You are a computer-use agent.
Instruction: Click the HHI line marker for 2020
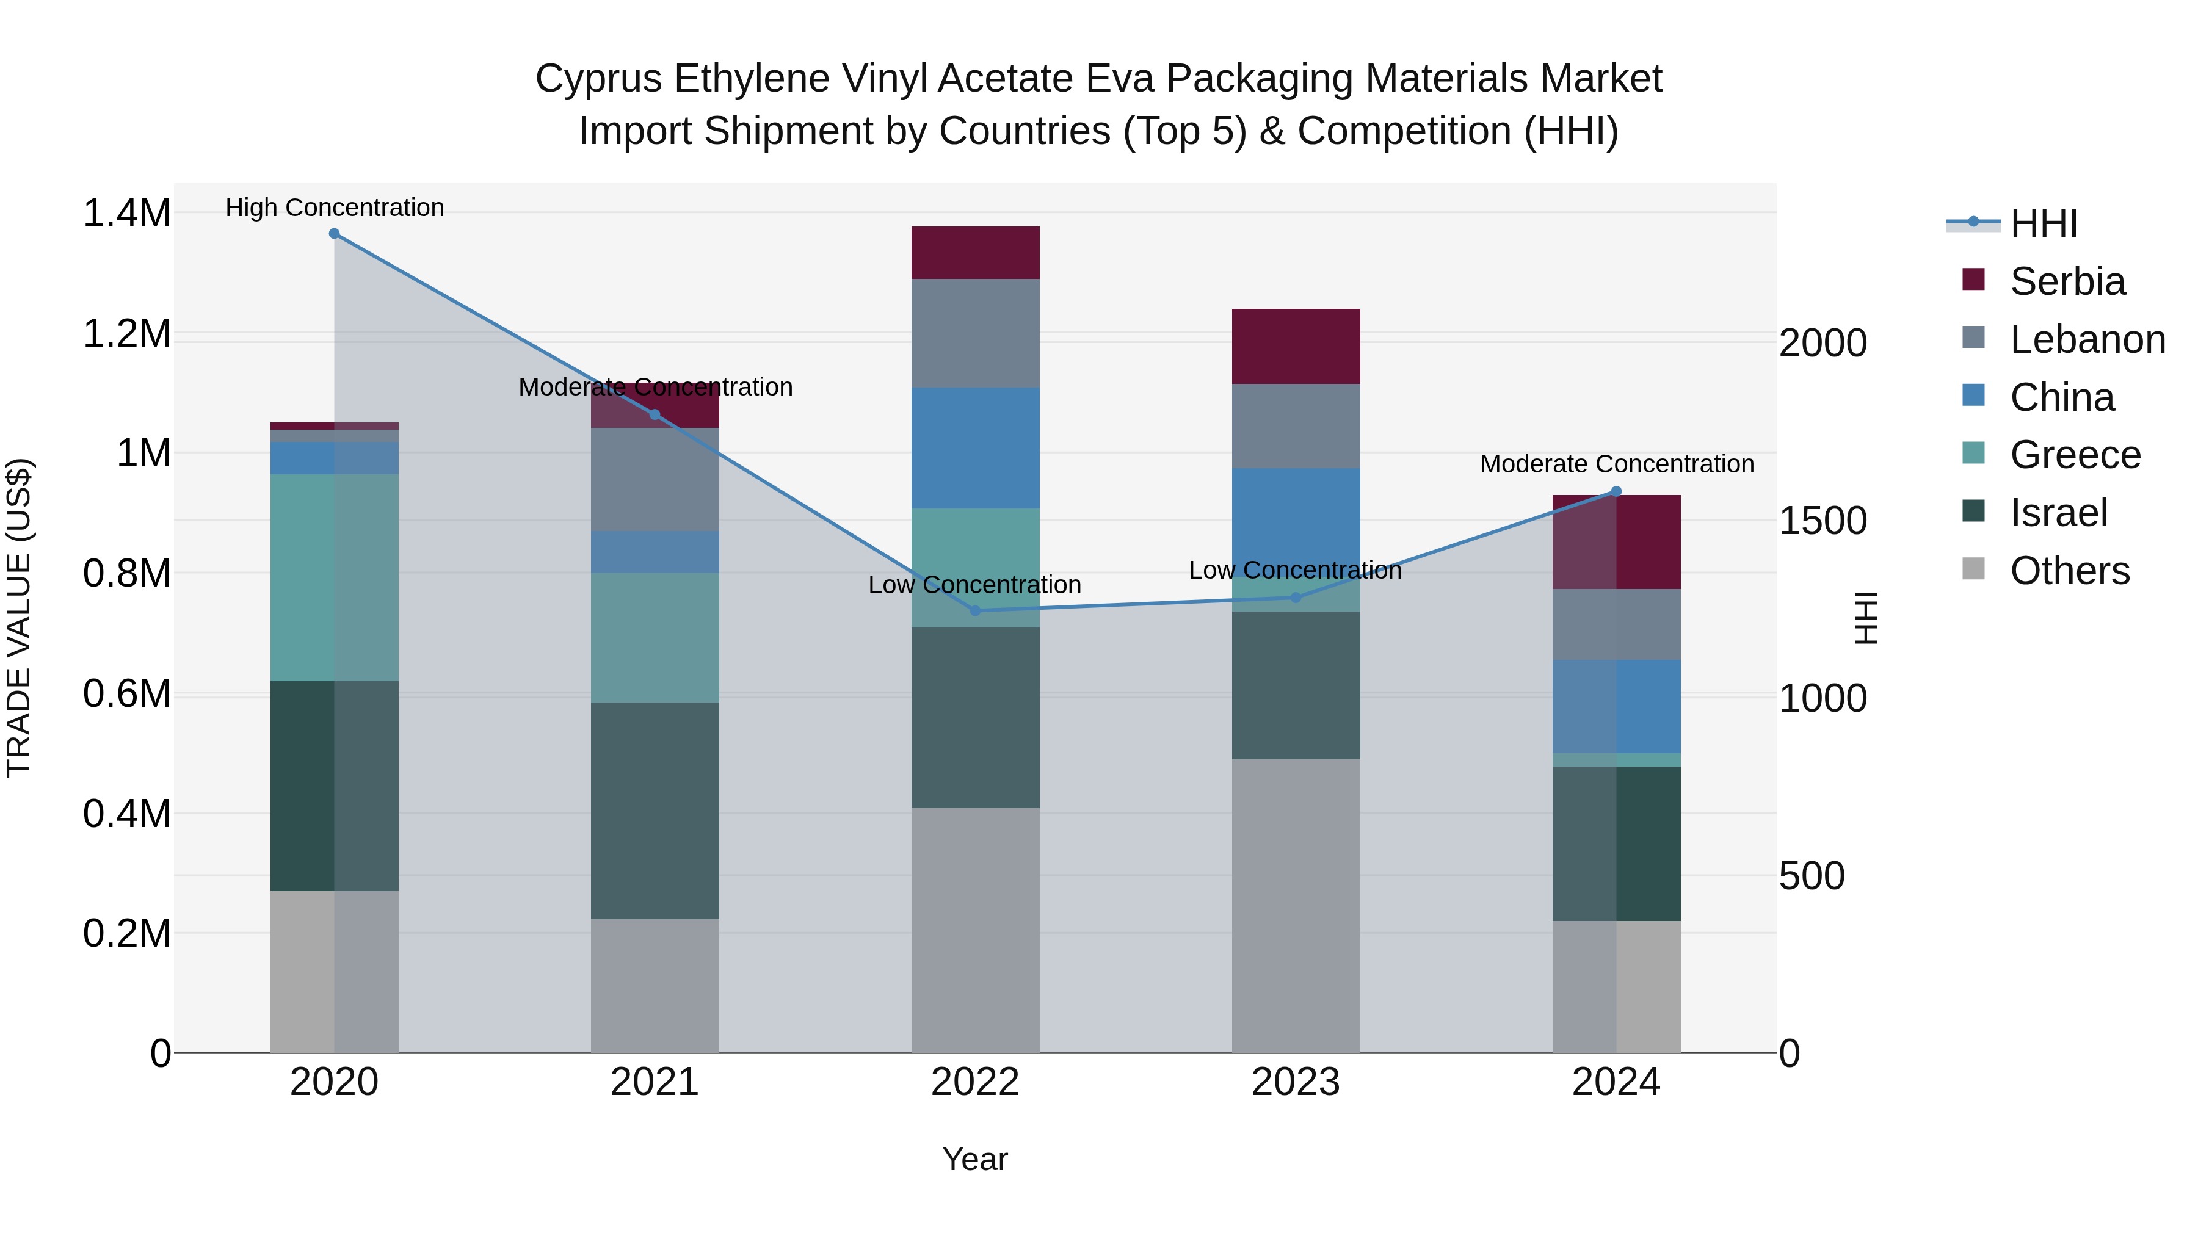click(x=335, y=234)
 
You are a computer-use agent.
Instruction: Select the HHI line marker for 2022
click(x=975, y=611)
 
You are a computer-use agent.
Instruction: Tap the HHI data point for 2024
click(x=1616, y=491)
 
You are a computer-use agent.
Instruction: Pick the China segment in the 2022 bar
click(x=975, y=448)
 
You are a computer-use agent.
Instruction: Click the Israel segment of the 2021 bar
click(x=655, y=811)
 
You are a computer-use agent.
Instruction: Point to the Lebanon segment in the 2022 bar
click(x=975, y=333)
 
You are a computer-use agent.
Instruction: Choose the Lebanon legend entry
click(x=2086, y=339)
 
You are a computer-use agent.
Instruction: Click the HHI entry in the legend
click(x=2043, y=223)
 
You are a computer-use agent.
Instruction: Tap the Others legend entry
click(x=2069, y=571)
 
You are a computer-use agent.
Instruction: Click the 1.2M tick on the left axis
click(x=127, y=333)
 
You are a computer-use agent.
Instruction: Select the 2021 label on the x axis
click(x=655, y=1082)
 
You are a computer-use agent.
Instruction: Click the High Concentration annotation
click(x=335, y=208)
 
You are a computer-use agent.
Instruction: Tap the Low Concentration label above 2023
click(x=1295, y=570)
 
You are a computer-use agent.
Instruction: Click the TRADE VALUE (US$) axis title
click(x=19, y=618)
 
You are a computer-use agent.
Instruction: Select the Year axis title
click(x=974, y=1159)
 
